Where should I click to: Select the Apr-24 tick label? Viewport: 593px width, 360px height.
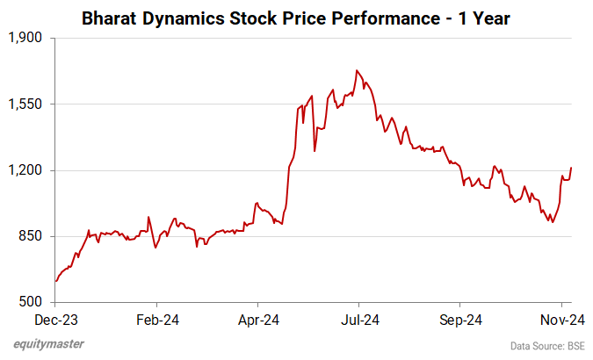click(x=259, y=320)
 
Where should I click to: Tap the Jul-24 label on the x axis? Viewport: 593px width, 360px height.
click(x=359, y=320)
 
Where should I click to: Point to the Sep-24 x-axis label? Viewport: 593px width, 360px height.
click(x=460, y=320)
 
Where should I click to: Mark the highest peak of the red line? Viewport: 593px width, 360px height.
click(x=357, y=70)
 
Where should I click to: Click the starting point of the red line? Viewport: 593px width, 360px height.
click(x=55, y=281)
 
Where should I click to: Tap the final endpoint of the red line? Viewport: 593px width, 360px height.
click(x=571, y=168)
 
